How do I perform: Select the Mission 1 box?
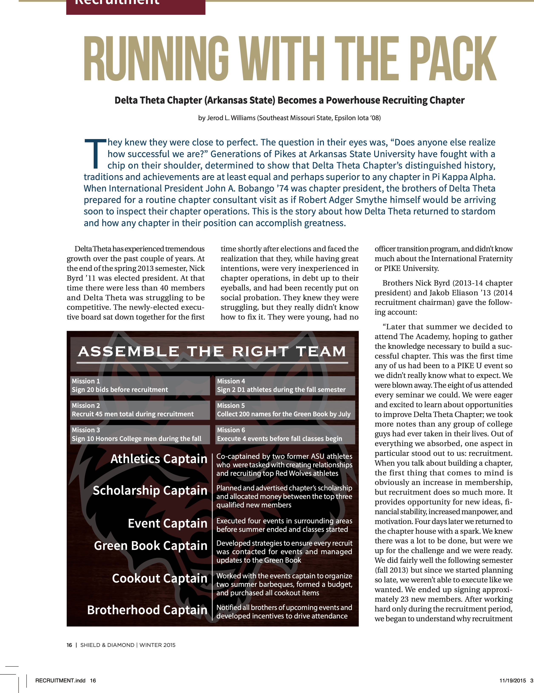point(140,386)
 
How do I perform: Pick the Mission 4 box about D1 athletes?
point(285,386)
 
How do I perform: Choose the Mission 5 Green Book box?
point(285,410)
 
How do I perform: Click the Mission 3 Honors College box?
point(140,434)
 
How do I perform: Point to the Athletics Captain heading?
point(159,459)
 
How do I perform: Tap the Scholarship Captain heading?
point(150,491)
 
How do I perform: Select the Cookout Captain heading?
point(159,578)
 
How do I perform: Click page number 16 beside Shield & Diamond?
point(69,645)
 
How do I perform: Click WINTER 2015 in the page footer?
point(157,645)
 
